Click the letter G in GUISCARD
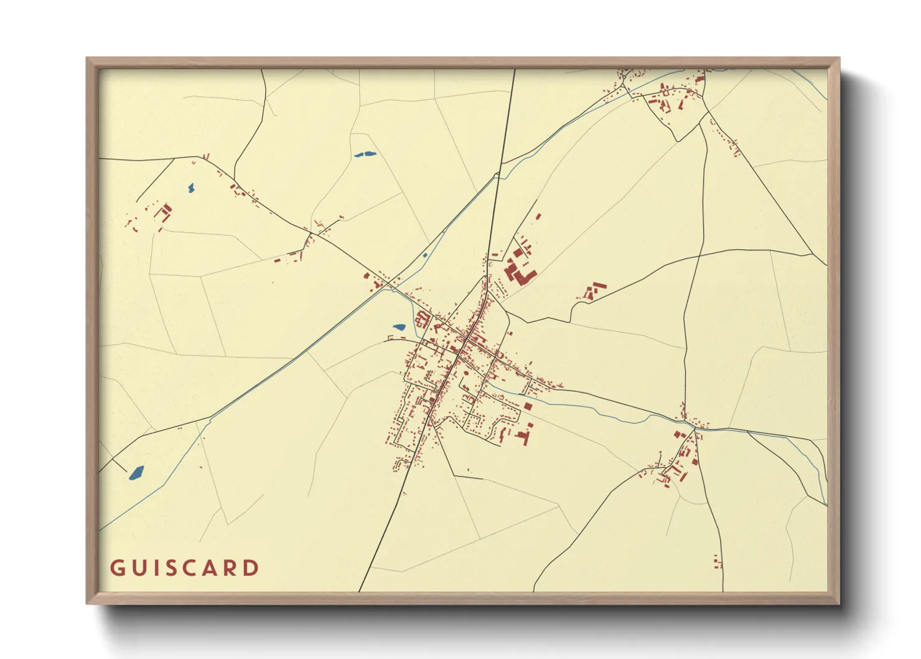(118, 568)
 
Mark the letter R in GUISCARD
(232, 568)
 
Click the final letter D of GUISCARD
(252, 568)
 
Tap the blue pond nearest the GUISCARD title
(136, 473)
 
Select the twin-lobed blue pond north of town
(365, 154)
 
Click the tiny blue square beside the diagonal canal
(425, 255)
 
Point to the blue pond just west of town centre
(399, 327)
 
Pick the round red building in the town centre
(465, 374)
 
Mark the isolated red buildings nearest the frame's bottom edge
(718, 562)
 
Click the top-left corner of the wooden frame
(87, 59)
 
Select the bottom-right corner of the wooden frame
(839, 603)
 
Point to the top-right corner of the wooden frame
(839, 59)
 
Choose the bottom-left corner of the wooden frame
(87, 603)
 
